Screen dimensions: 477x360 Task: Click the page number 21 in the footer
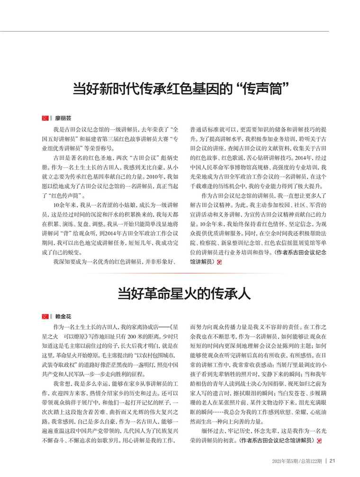click(333, 460)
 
